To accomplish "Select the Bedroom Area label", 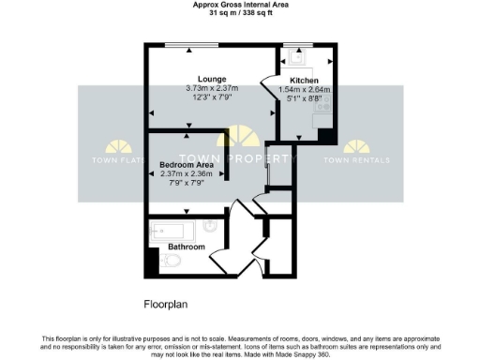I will [x=187, y=164].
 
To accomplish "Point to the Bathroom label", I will [x=187, y=247].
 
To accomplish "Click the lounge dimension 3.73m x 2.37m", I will [x=212, y=89].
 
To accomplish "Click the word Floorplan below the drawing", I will [x=167, y=304].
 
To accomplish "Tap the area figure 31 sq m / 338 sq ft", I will [x=240, y=14].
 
